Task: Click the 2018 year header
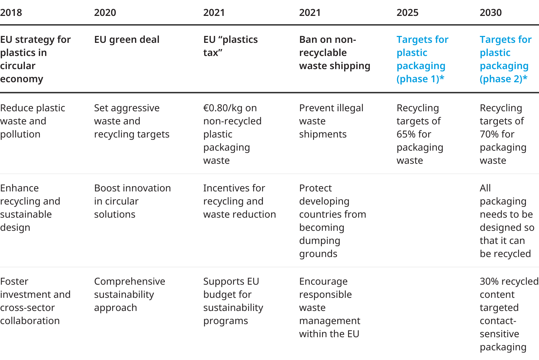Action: pyautogui.click(x=11, y=13)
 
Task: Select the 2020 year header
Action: pyautogui.click(x=105, y=13)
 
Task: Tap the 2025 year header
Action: pyautogui.click(x=407, y=13)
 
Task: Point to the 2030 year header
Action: pyautogui.click(x=491, y=13)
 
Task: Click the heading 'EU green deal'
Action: pyautogui.click(x=127, y=40)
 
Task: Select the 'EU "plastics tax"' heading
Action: pyautogui.click(x=230, y=46)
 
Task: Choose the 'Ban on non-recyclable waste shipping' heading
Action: pyautogui.click(x=334, y=53)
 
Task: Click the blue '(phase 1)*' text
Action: pyautogui.click(x=420, y=79)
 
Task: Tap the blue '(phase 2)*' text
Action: pyautogui.click(x=503, y=79)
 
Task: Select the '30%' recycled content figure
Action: pyautogui.click(x=488, y=282)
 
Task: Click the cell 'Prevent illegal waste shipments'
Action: pyautogui.click(x=331, y=121)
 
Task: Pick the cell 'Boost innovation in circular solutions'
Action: pyautogui.click(x=132, y=201)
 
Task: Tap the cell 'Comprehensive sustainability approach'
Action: pyautogui.click(x=130, y=294)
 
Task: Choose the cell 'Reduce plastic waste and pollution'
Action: pyautogui.click(x=32, y=121)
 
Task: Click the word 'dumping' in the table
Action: pyautogui.click(x=320, y=241)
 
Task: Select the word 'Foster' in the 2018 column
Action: pyautogui.click(x=14, y=282)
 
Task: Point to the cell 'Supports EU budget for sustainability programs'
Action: pyautogui.click(x=233, y=301)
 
